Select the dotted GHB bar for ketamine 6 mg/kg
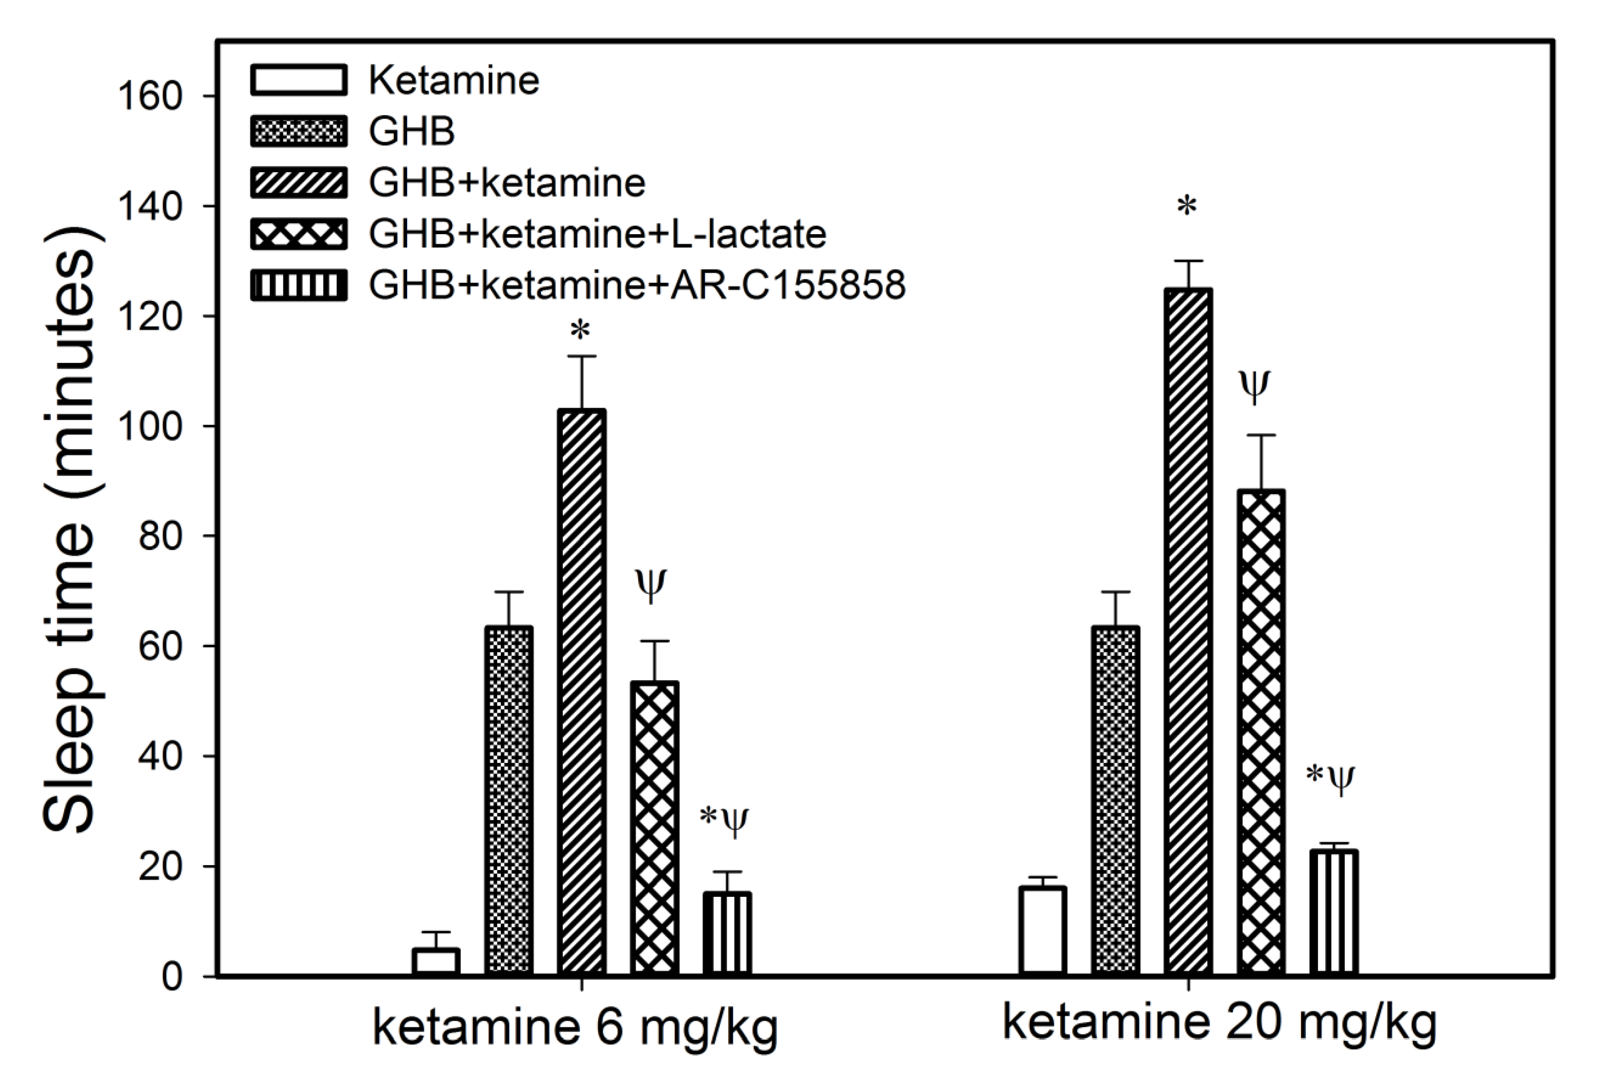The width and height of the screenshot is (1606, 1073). (x=509, y=801)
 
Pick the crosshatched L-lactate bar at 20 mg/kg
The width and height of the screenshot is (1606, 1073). (x=1261, y=732)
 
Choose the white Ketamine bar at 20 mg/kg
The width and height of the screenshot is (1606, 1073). (x=1043, y=931)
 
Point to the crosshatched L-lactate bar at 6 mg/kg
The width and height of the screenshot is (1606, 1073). (x=655, y=828)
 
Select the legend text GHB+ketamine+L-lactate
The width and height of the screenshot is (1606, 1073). (x=597, y=234)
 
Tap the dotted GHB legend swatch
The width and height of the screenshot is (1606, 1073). (x=299, y=131)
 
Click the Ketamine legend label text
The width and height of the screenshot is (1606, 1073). (x=454, y=80)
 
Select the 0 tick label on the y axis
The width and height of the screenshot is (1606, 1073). (x=173, y=977)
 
